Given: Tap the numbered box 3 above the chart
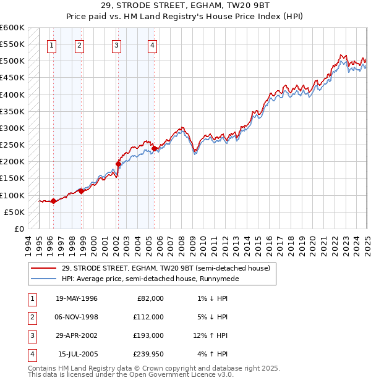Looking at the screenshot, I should [116, 44].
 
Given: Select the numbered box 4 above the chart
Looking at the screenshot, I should [151, 44].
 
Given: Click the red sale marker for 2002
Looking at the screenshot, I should [118, 164].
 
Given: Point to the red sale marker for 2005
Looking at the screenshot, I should [154, 148].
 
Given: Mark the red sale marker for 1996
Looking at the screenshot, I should [53, 201].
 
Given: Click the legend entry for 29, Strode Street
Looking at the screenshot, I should [166, 269].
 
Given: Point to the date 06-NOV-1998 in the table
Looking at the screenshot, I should [77, 316].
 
